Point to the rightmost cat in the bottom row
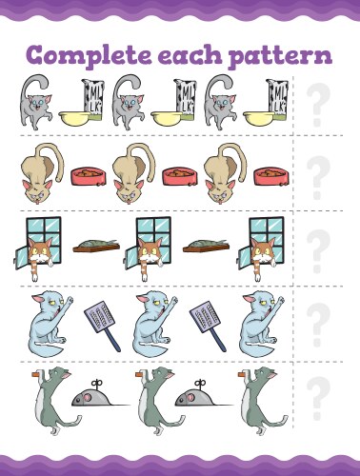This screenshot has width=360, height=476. pyautogui.click(x=256, y=398)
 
